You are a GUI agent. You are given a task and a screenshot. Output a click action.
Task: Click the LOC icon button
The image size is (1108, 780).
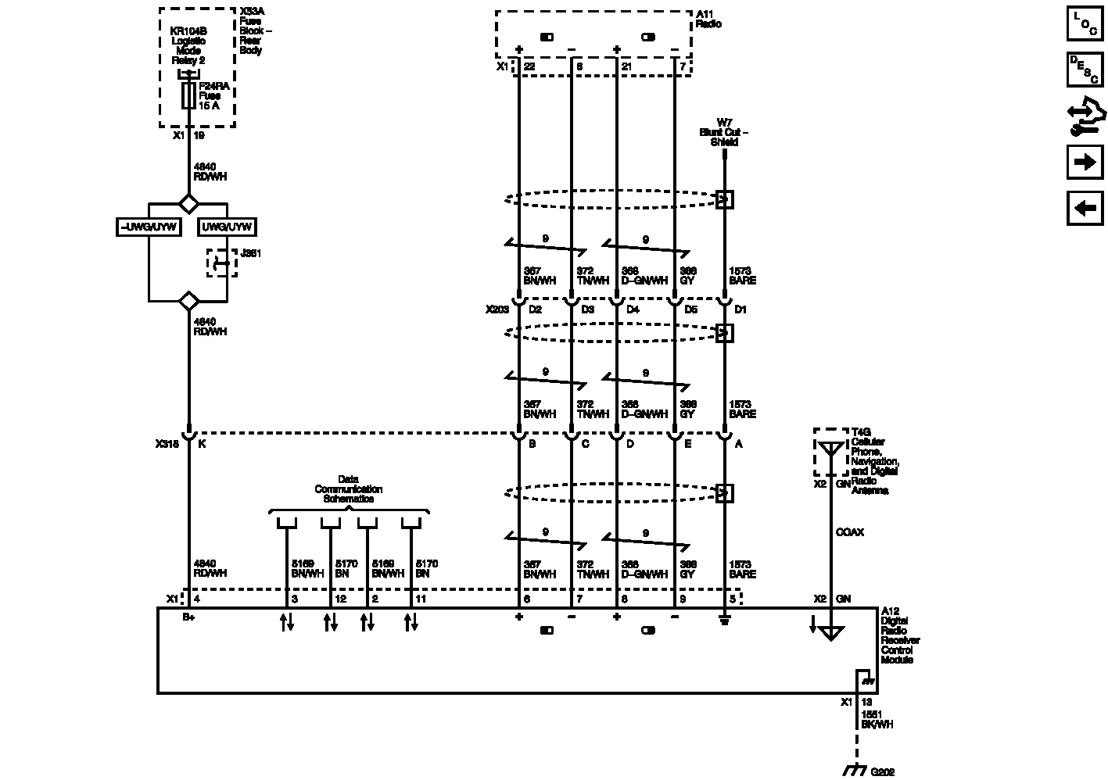[1085, 23]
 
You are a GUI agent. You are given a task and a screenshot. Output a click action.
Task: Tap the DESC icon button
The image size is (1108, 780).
[1085, 69]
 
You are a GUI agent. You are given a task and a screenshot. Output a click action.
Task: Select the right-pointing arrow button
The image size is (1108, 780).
[1085, 163]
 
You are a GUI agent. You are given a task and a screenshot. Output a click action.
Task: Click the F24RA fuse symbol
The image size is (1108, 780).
[188, 96]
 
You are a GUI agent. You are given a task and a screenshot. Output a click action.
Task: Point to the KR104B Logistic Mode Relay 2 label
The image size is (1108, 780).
[188, 45]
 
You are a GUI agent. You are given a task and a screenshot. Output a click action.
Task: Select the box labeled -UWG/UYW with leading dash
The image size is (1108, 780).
[148, 227]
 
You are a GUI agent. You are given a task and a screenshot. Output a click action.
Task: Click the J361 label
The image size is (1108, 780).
[251, 253]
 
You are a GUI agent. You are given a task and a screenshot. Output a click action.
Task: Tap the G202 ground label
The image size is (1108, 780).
[883, 772]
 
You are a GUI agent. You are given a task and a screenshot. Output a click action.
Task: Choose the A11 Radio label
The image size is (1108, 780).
[708, 20]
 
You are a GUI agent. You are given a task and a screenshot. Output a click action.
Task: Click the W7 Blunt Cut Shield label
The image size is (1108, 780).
[719, 132]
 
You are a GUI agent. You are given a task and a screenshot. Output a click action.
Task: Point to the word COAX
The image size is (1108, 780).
[850, 532]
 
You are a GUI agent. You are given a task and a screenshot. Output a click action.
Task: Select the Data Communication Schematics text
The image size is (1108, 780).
[349, 489]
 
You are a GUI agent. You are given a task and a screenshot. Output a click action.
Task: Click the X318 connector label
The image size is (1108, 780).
[167, 444]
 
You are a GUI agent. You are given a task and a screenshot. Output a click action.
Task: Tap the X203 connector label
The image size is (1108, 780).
[497, 309]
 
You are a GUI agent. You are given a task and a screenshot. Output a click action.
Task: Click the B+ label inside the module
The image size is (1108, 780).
[188, 617]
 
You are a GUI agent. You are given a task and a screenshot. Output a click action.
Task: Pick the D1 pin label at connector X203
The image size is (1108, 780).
[740, 309]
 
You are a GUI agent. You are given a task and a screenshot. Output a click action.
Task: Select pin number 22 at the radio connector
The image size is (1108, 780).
[529, 67]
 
